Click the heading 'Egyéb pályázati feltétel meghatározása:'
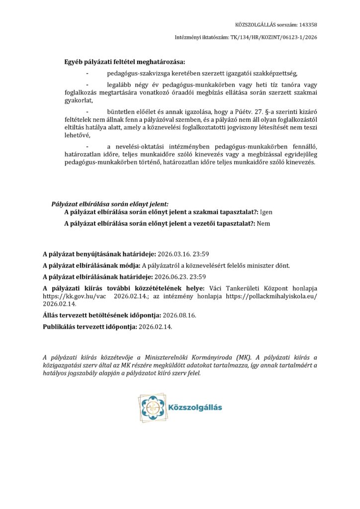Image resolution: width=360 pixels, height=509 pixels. coord(124,62)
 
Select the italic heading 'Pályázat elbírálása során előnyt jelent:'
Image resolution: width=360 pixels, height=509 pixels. coord(110,204)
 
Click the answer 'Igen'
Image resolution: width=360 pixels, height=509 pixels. coord(266,212)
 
